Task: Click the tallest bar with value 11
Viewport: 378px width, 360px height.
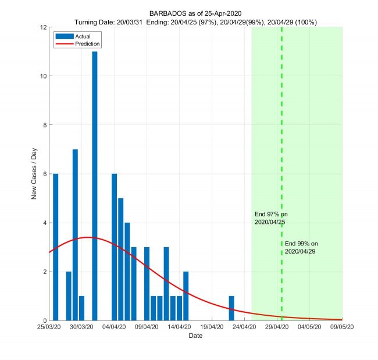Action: pos(95,186)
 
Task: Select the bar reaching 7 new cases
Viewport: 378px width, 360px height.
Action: pos(75,235)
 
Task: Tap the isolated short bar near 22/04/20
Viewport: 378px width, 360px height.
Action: pos(231,308)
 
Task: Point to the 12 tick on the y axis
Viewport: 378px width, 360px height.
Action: pos(44,27)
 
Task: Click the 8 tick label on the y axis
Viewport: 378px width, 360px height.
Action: pos(45,125)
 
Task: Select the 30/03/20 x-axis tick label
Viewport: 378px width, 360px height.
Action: pos(82,327)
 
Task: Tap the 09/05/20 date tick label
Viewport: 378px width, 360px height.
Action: pos(342,327)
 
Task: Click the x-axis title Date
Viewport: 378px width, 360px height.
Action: pos(195,336)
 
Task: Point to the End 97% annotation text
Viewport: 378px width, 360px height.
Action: pos(270,218)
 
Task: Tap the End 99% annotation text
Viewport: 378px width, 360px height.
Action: pos(301,247)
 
